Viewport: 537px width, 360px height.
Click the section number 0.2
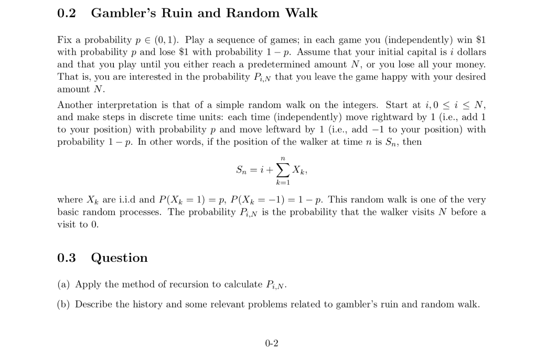click(67, 13)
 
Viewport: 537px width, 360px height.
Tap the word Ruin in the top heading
click(178, 13)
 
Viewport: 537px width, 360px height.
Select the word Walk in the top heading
click(301, 13)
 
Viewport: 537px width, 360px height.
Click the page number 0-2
click(272, 344)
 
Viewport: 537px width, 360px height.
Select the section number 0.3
click(67, 258)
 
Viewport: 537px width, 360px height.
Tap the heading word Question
click(120, 258)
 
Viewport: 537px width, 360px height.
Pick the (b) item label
click(65, 304)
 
